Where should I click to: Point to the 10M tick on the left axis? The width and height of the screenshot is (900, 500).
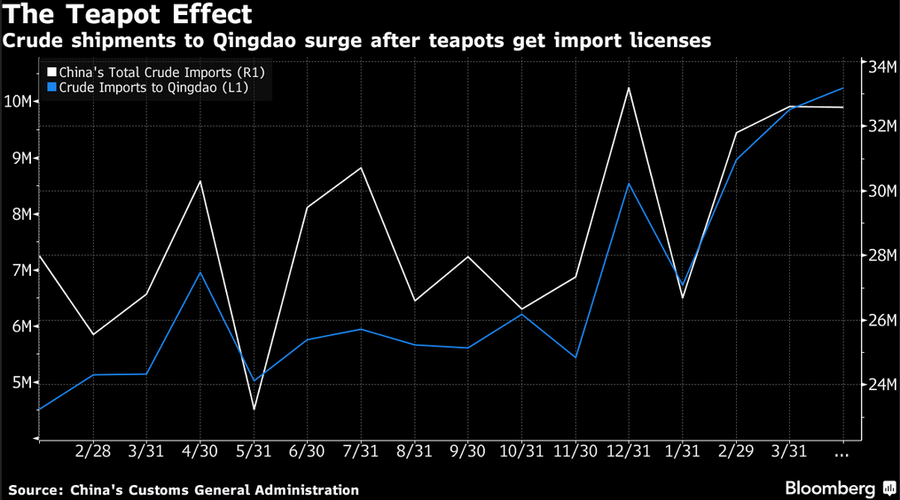coord(19,102)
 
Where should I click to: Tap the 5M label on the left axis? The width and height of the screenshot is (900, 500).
coord(19,383)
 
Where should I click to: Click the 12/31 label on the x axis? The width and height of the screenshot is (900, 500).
coord(629,451)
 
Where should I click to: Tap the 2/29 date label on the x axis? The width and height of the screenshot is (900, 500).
coord(736,451)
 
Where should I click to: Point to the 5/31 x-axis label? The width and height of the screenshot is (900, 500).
coord(254,451)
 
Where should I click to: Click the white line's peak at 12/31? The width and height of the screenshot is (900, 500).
coord(629,88)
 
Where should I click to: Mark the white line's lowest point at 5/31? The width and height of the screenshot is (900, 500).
coord(254,409)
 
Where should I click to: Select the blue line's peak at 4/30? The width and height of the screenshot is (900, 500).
coord(200,272)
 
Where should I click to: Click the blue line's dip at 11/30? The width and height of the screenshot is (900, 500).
coord(575,358)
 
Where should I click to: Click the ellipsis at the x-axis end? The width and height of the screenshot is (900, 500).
coord(843,453)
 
